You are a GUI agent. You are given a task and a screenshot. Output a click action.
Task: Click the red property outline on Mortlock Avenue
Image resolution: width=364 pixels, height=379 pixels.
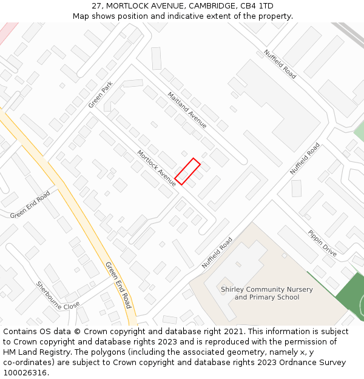tap(187, 172)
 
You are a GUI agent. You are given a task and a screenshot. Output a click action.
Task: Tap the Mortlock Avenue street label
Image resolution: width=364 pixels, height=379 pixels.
tap(157, 168)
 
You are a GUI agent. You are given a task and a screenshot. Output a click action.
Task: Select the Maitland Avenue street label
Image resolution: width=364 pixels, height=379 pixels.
tap(187, 110)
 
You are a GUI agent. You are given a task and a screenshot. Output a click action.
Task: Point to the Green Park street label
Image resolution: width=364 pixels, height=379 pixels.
tap(101, 95)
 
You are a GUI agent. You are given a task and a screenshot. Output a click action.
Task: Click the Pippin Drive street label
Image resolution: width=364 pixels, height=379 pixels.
tap(322, 243)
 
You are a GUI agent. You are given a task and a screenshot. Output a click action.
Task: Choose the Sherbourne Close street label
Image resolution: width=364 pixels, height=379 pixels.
tap(58, 295)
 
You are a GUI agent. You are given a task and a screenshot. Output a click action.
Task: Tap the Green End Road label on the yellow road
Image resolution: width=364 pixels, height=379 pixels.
tap(118, 285)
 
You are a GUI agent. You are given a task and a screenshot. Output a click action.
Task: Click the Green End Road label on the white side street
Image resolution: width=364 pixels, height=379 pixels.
tap(30, 205)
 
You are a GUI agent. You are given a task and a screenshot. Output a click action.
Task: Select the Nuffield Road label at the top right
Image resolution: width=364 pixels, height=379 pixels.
tap(280, 64)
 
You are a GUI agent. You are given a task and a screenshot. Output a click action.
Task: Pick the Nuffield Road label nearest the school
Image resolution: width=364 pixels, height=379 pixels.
tap(217, 253)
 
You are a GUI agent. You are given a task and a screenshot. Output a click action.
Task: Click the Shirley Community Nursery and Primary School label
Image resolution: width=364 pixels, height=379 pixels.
tap(267, 293)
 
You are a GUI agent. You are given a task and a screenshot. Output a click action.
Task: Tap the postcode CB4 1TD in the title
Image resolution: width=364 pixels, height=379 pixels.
tap(258, 6)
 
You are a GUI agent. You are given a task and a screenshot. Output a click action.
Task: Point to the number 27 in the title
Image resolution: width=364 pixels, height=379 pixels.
tap(97, 6)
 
